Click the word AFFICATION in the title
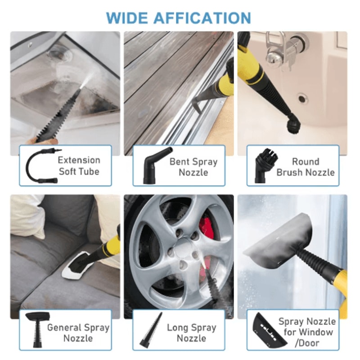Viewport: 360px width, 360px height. (202, 18)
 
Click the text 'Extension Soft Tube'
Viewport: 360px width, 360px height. (79, 166)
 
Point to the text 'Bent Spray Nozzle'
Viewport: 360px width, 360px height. (193, 166)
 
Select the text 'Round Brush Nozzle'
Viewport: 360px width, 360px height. (306, 166)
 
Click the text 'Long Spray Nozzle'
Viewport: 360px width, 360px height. (192, 333)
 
